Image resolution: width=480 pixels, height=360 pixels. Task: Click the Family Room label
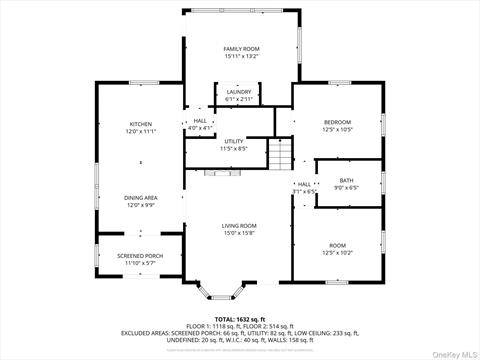coord(240,49)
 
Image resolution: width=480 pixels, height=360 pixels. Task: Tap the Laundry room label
coord(238,92)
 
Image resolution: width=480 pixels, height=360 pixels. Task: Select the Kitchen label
coord(140,124)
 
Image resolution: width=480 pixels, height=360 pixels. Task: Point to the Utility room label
coord(234,141)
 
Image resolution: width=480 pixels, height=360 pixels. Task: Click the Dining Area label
coord(140,198)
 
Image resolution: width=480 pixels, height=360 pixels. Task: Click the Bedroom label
coord(337,122)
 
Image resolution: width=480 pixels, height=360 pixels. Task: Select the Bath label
coord(346,179)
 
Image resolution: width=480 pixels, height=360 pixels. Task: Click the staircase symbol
coord(281,154)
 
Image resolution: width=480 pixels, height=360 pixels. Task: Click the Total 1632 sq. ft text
coord(239,318)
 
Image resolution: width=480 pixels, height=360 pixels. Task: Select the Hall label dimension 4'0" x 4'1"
coord(199,128)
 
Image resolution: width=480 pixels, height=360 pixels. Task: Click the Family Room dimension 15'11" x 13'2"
coord(240,56)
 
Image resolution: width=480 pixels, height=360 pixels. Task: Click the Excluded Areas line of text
coord(239,332)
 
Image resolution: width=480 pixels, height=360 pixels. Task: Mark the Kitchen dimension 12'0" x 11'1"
coord(140,131)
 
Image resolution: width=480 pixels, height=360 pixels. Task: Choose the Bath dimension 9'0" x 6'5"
coord(346,186)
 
